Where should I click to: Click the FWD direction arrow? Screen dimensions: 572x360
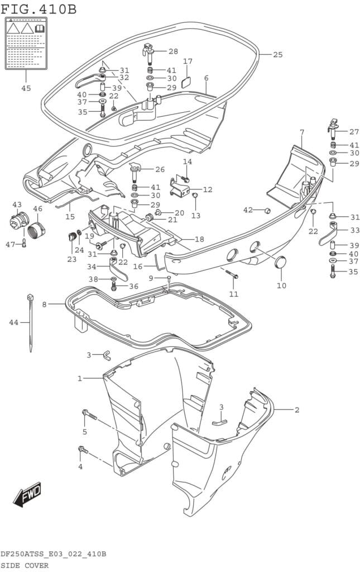pyautogui.click(x=27, y=494)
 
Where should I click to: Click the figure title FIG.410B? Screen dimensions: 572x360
pyautogui.click(x=39, y=9)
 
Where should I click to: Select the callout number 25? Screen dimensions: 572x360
pyautogui.click(x=278, y=54)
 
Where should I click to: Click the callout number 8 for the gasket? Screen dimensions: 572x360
pyautogui.click(x=45, y=304)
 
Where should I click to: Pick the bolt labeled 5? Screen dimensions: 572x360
pyautogui.click(x=90, y=415)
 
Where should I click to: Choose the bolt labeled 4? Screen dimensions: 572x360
pyautogui.click(x=83, y=449)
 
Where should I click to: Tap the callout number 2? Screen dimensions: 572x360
pyautogui.click(x=297, y=410)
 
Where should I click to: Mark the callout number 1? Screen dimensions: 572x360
pyautogui.click(x=80, y=379)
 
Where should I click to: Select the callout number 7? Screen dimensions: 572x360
pyautogui.click(x=301, y=132)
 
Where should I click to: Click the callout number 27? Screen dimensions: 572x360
pyautogui.click(x=354, y=132)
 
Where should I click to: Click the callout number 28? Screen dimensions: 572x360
pyautogui.click(x=173, y=51)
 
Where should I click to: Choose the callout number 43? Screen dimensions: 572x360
pyautogui.click(x=17, y=204)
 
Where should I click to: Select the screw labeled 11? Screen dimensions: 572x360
pyautogui.click(x=232, y=274)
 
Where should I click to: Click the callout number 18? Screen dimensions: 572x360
pyautogui.click(x=199, y=239)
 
